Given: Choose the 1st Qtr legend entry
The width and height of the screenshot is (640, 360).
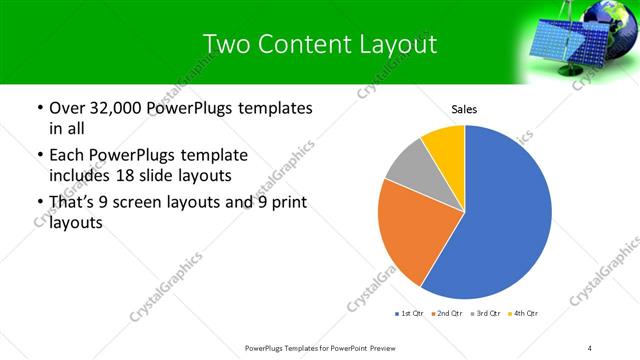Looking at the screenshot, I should [412, 314].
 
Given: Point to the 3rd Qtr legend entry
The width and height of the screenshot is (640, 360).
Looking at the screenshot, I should [486, 314].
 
